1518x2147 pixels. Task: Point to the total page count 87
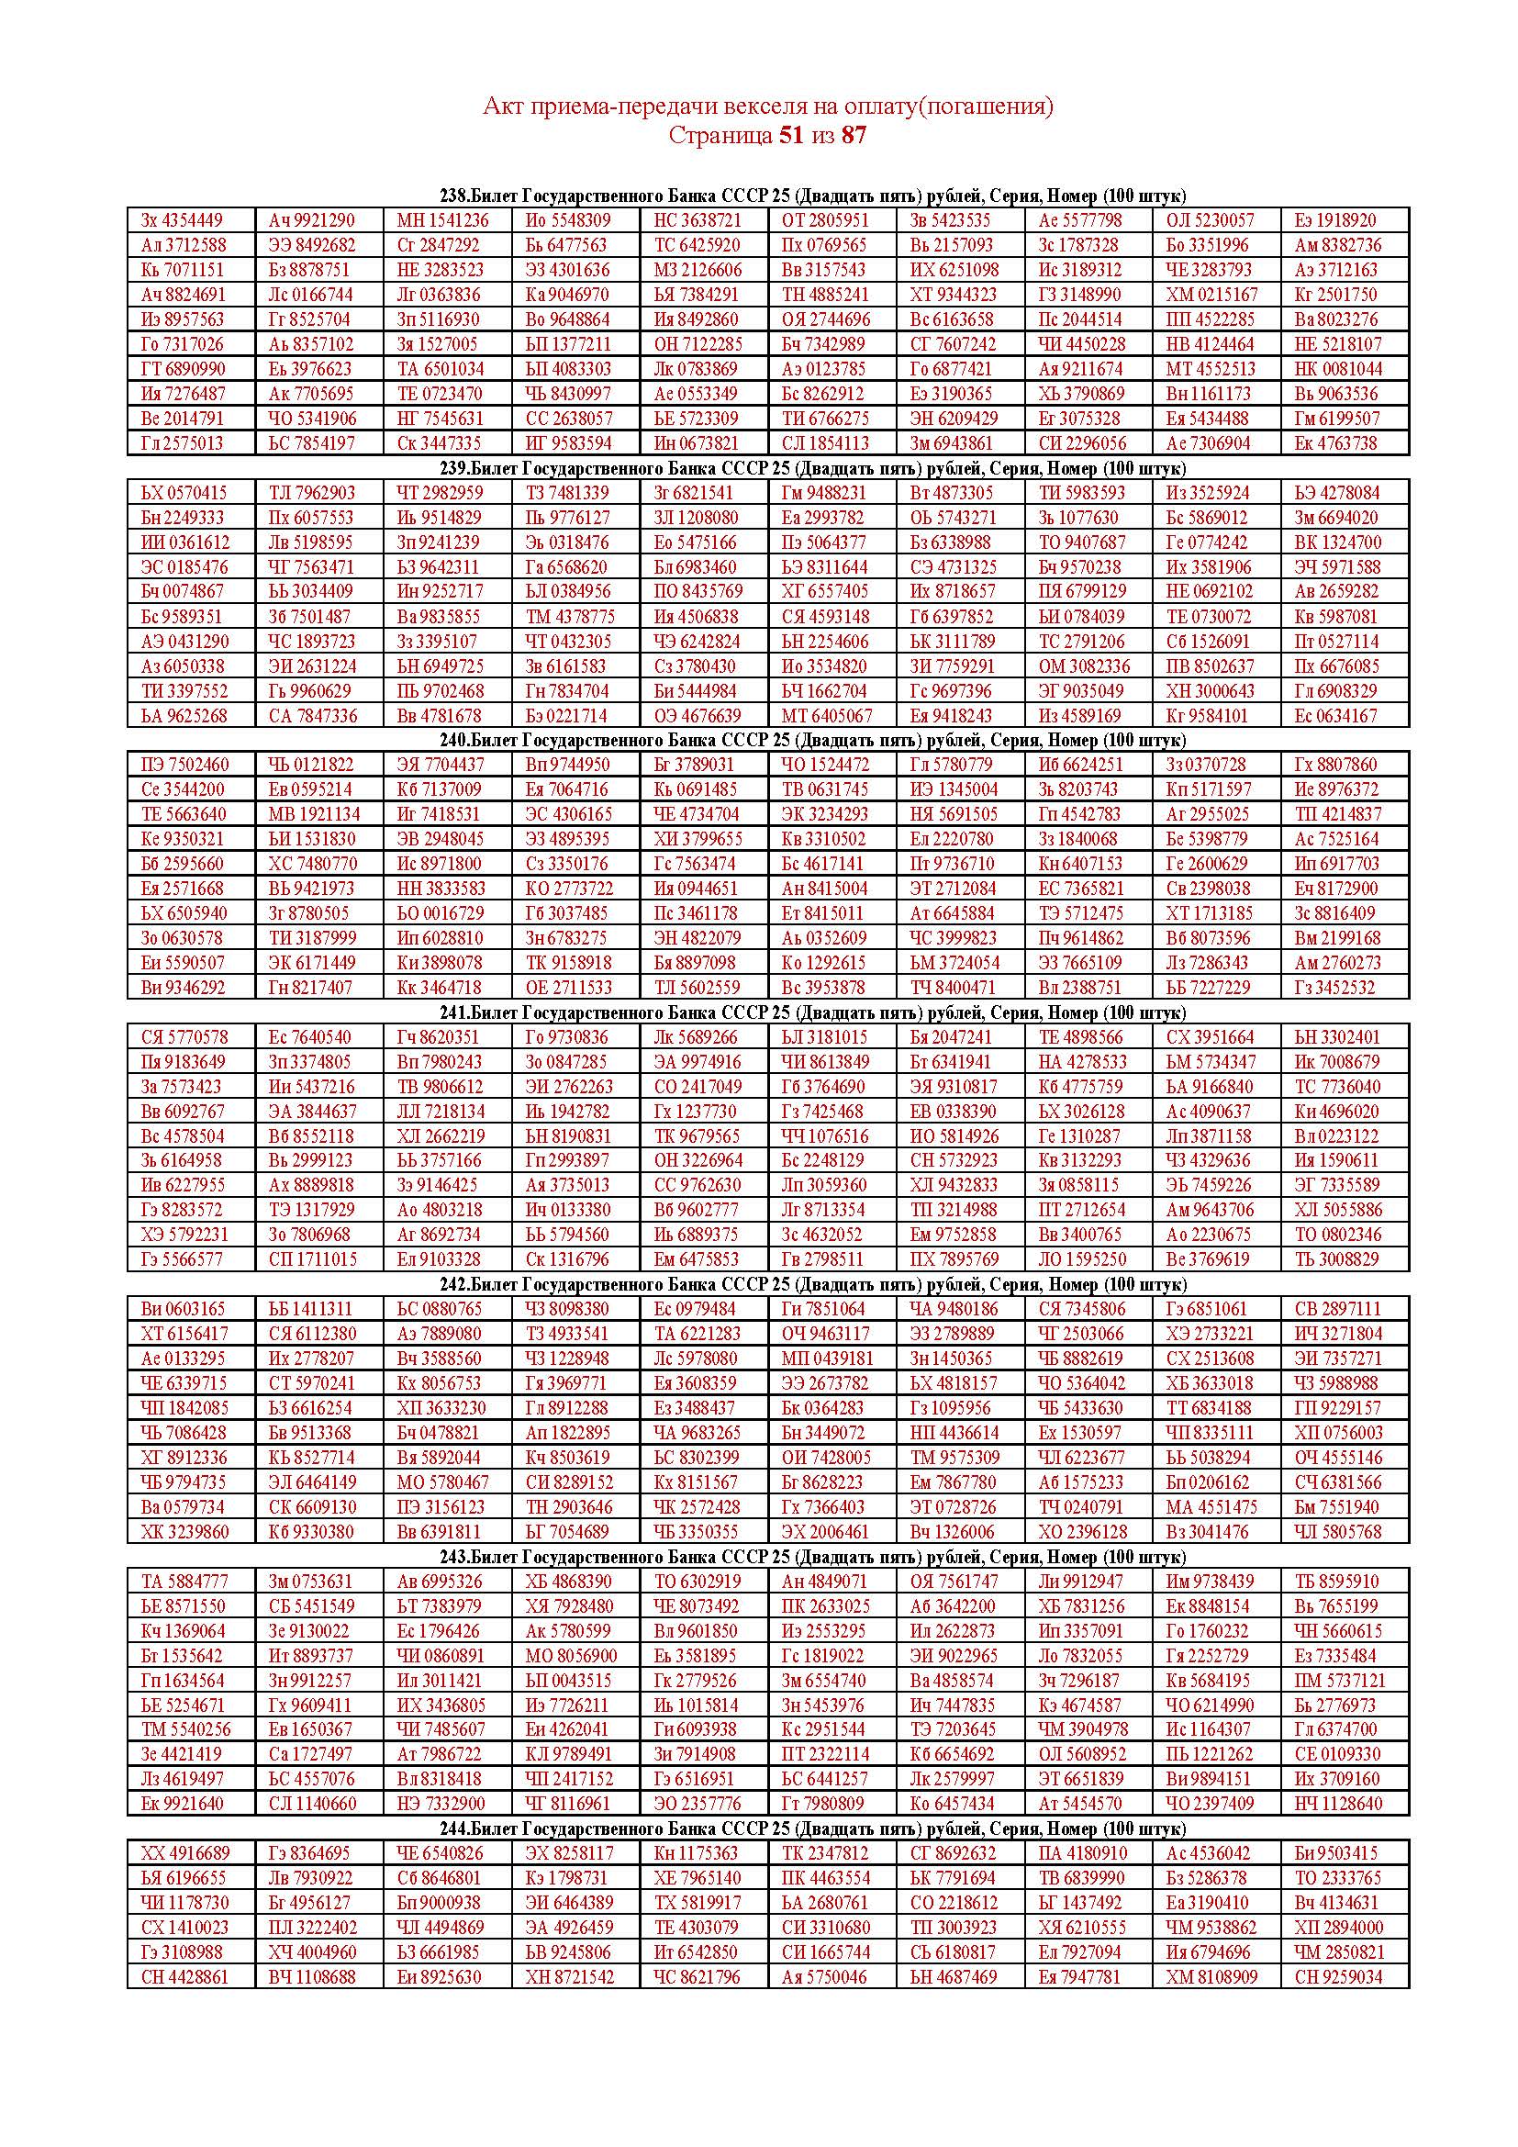854,136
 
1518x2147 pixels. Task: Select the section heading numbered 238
812,196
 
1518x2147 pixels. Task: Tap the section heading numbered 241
812,1012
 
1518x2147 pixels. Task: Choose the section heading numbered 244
812,1828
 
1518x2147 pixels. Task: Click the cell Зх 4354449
183,220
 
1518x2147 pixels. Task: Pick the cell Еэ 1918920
1335,220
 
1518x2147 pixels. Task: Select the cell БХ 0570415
184,493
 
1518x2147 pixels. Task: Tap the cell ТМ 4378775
570,616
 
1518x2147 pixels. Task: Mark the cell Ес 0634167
1335,715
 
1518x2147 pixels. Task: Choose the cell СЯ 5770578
184,1037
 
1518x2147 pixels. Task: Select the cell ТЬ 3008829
1336,1258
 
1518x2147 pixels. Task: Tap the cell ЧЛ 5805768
1337,1532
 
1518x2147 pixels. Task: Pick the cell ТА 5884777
184,1582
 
